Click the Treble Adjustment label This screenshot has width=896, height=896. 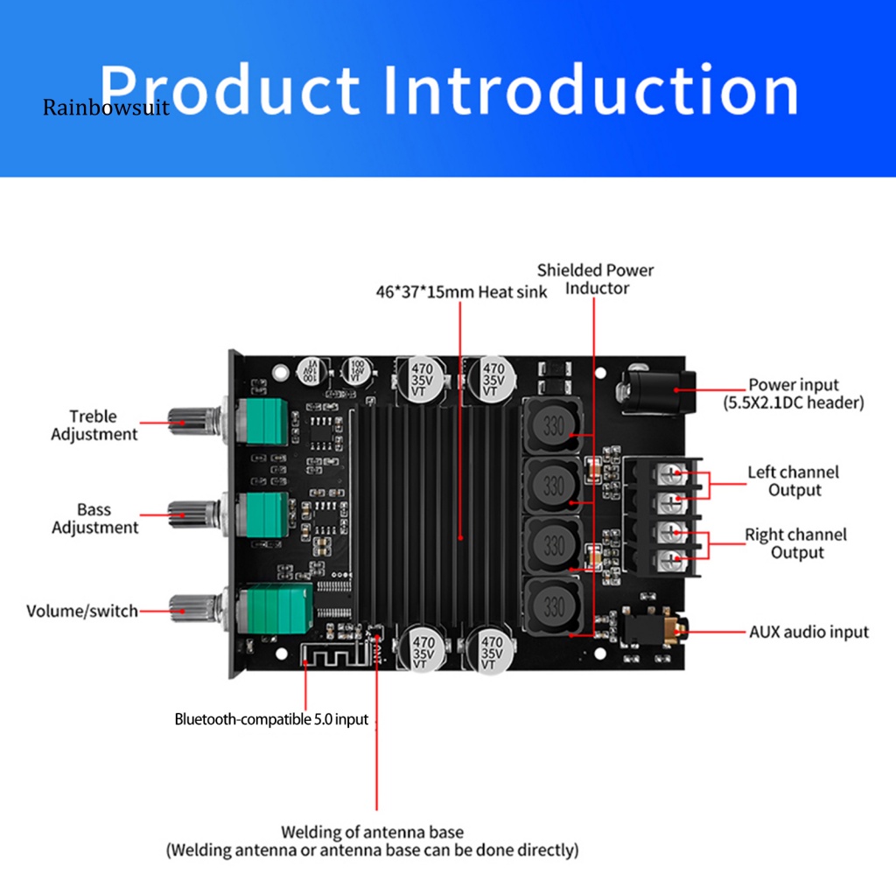[94, 425]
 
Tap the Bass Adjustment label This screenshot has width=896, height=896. [94, 518]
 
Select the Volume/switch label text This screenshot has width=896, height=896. [82, 611]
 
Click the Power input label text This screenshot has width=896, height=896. [793, 394]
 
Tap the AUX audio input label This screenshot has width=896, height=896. [808, 632]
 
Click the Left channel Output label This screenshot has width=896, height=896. [793, 481]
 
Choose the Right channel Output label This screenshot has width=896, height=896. [795, 543]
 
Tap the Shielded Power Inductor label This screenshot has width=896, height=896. [595, 279]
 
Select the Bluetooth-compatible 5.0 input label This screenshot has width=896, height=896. [271, 720]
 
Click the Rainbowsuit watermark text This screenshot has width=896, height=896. [106, 108]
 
